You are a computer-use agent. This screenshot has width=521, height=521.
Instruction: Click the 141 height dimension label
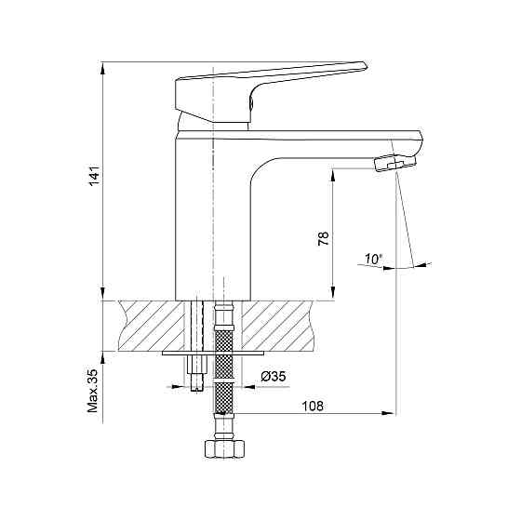[94, 175]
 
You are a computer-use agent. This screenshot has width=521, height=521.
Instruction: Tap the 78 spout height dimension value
[324, 238]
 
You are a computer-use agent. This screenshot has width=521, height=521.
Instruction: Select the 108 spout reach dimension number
[313, 406]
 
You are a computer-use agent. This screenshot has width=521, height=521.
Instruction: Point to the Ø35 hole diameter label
[274, 377]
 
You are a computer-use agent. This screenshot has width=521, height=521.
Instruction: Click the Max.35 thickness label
[93, 391]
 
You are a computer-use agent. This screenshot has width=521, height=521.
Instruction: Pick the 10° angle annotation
[373, 259]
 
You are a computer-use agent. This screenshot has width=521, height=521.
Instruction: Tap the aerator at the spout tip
[394, 163]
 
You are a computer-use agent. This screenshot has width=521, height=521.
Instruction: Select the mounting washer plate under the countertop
[213, 353]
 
